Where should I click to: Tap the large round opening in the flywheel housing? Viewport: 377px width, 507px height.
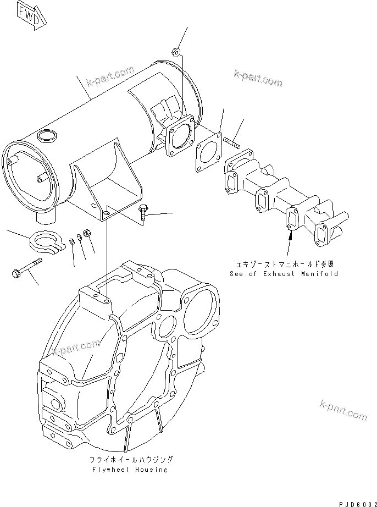click(x=200, y=312)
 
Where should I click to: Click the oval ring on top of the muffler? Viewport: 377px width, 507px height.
click(x=47, y=134)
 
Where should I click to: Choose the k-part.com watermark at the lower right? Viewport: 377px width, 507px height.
click(x=343, y=410)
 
